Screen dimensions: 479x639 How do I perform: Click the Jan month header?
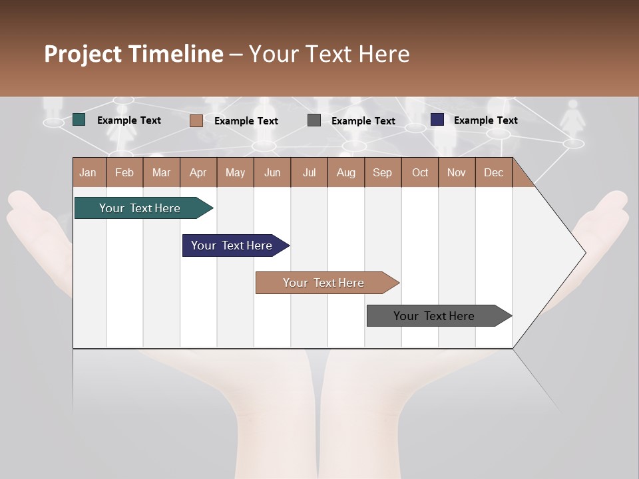click(x=89, y=172)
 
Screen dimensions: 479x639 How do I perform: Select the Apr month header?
click(x=198, y=172)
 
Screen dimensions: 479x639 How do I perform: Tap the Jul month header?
click(x=309, y=172)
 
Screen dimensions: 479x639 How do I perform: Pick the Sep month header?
click(x=382, y=172)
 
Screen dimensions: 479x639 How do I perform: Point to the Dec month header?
click(x=493, y=172)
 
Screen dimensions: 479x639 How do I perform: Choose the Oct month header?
click(x=420, y=172)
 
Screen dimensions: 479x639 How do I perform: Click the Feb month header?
click(x=124, y=172)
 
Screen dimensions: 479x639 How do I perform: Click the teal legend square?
click(x=79, y=120)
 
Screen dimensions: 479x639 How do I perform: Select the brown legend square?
click(x=196, y=120)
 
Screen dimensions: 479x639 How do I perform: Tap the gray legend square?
click(x=314, y=120)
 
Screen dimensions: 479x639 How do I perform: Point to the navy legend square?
click(x=437, y=120)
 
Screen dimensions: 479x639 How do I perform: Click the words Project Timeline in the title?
click(x=134, y=54)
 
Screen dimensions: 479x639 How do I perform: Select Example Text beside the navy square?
click(x=485, y=120)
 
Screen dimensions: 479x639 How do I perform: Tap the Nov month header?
click(x=457, y=172)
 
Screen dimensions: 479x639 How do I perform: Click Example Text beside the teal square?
click(x=129, y=120)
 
